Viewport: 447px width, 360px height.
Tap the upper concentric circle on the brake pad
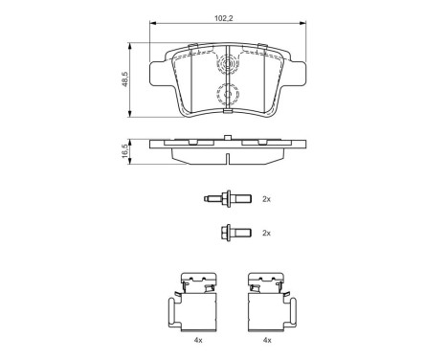click(229, 66)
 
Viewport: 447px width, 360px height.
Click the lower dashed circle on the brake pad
click(229, 97)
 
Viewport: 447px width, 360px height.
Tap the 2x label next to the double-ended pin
click(267, 199)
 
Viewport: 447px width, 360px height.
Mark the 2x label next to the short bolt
click(267, 233)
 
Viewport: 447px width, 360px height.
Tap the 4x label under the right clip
click(268, 341)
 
